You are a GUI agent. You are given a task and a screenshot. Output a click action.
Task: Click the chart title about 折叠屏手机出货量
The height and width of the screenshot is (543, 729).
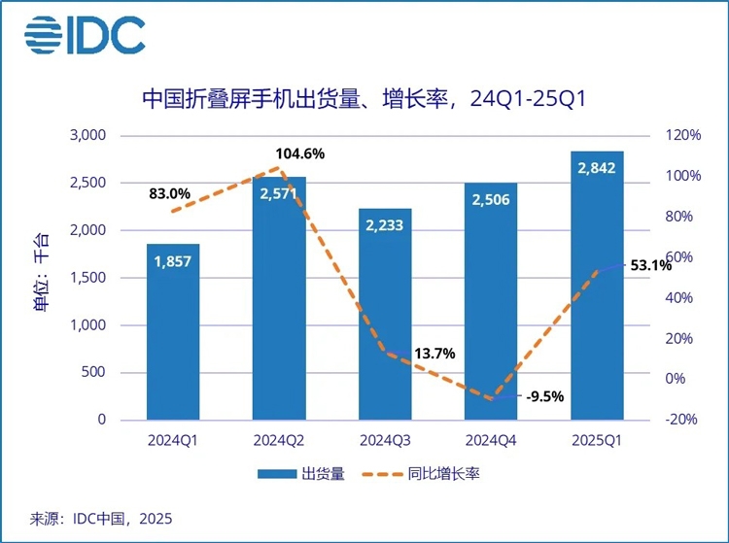click(x=364, y=99)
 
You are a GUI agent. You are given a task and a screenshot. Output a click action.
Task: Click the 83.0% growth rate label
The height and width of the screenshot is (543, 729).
click(x=169, y=193)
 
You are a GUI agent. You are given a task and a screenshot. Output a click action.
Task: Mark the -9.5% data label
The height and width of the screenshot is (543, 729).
click(x=544, y=396)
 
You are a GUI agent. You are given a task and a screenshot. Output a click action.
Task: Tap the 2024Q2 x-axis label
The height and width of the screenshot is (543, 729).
click(x=279, y=441)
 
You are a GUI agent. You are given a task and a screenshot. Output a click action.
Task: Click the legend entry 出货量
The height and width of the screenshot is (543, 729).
click(x=301, y=474)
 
